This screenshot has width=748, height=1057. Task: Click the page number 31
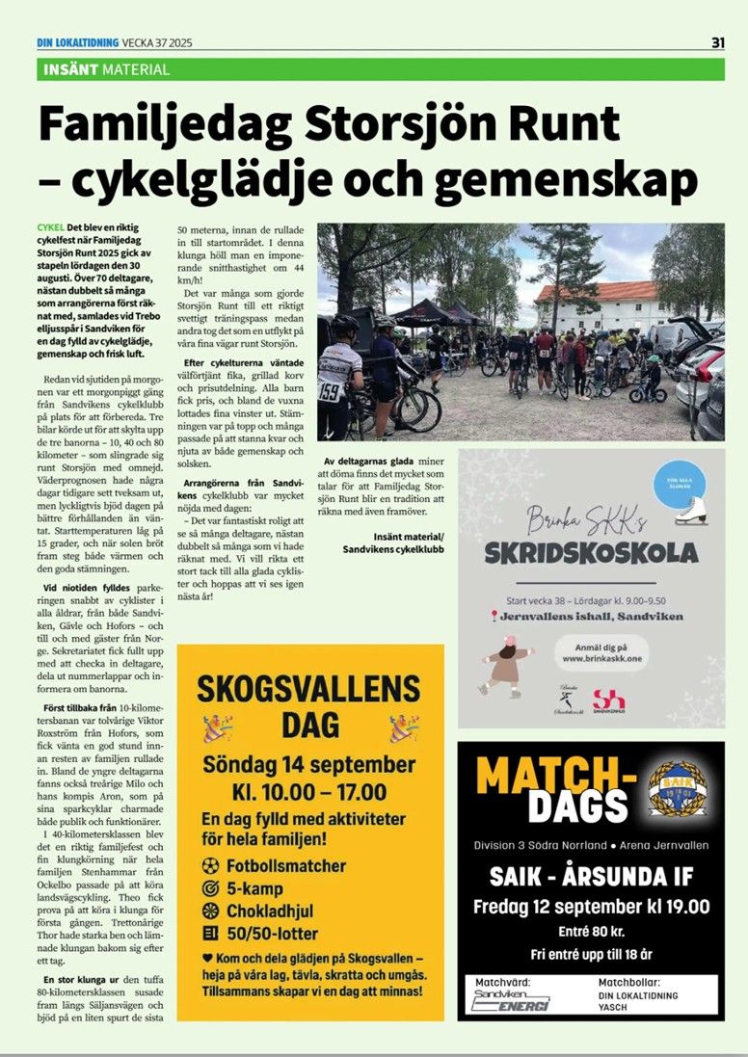point(717,41)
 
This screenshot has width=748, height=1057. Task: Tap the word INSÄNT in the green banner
point(71,69)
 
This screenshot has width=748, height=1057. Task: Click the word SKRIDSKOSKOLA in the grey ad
point(591,552)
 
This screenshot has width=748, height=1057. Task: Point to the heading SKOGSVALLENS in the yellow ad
point(308,688)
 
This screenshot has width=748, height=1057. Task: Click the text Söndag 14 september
point(308,765)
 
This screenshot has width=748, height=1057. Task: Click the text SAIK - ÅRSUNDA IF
point(591,877)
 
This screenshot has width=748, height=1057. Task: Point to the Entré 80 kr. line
point(591,931)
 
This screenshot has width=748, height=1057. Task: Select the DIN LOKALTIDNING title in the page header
point(77,41)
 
